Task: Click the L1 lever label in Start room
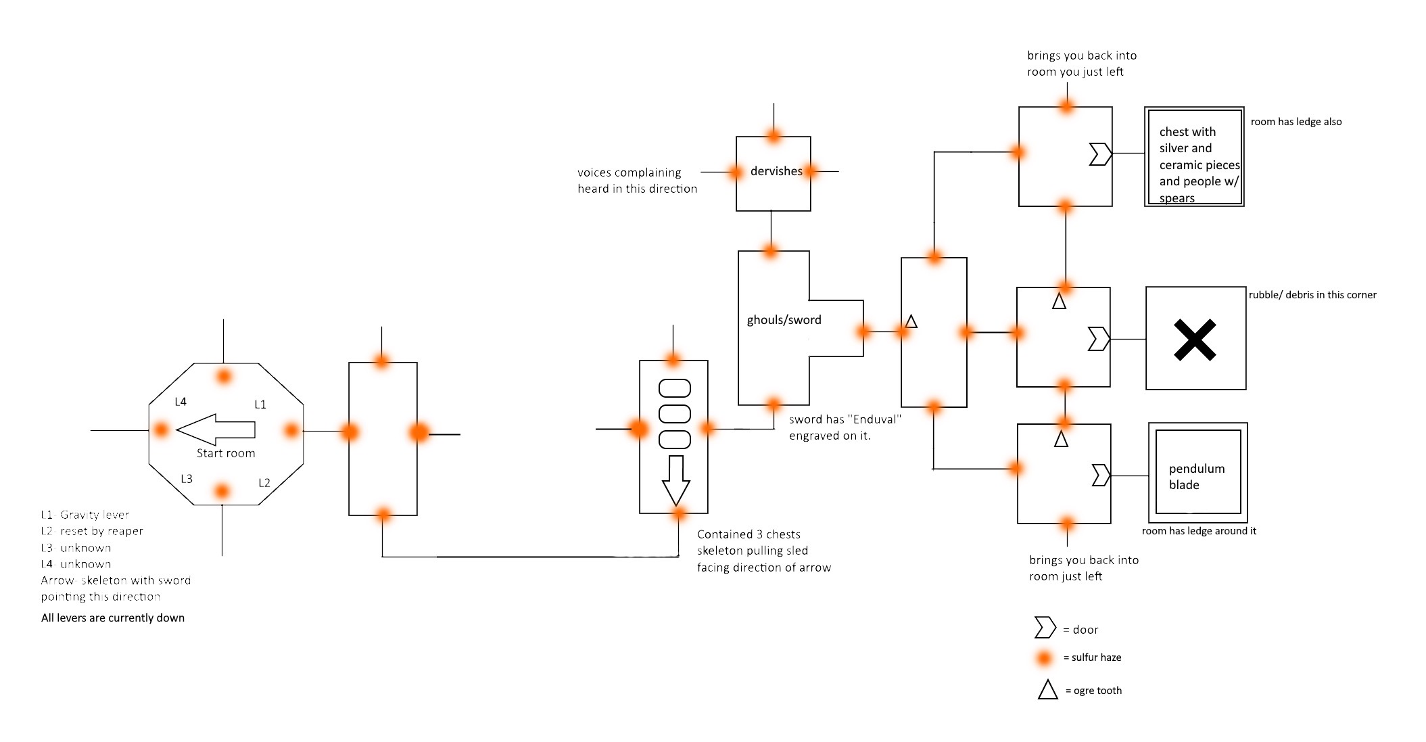[260, 404]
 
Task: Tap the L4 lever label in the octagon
[181, 402]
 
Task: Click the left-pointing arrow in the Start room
[215, 430]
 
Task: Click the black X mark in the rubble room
[1195, 340]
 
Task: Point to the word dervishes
[776, 172]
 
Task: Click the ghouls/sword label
[784, 320]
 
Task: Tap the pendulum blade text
[1196, 477]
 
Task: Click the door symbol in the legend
[1045, 628]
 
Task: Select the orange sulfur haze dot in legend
[1045, 657]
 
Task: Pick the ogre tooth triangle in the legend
[1047, 690]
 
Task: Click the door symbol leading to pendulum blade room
[1101, 475]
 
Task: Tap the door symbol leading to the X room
[1098, 338]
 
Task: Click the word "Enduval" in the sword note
[874, 419]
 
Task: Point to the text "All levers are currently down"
[113, 618]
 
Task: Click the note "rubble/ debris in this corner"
[1312, 295]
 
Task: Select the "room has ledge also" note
[1296, 122]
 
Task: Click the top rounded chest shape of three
[674, 388]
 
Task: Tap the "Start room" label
[226, 453]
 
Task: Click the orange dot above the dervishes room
[774, 135]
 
